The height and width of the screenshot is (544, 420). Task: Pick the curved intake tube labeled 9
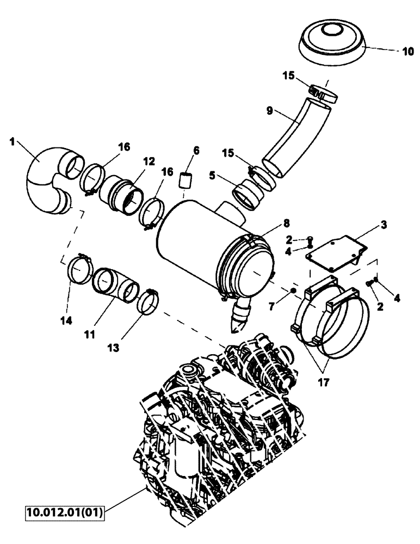click(297, 136)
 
